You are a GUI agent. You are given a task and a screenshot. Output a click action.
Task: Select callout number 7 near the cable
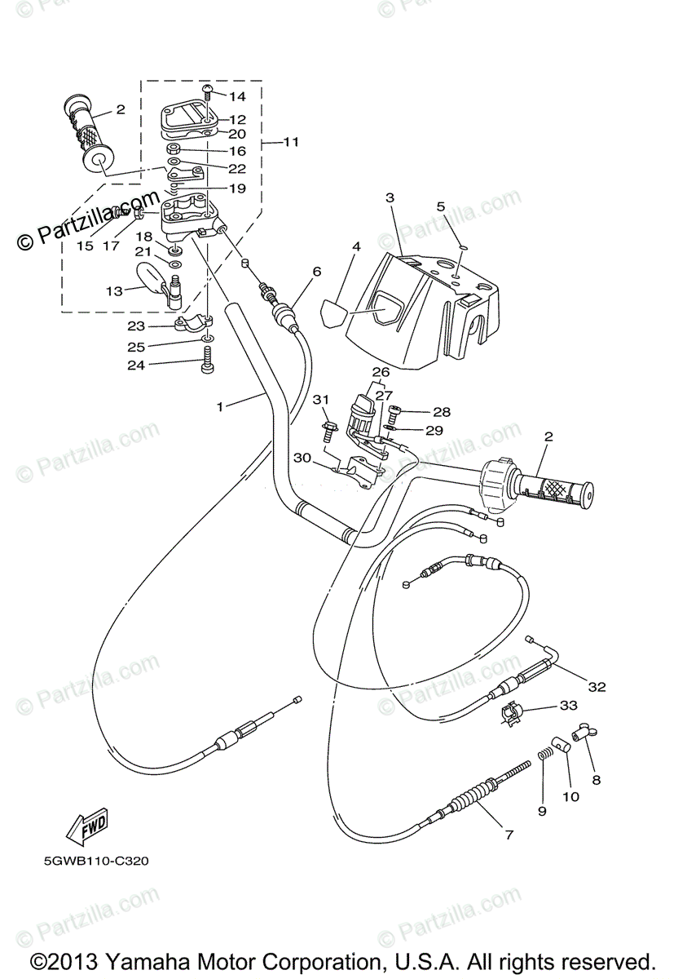[x=509, y=835]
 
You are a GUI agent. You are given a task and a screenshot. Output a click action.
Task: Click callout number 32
[x=597, y=687]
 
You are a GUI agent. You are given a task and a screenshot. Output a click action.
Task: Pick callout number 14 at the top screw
[x=237, y=96]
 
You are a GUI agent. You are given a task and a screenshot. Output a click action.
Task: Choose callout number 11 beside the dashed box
[x=291, y=142]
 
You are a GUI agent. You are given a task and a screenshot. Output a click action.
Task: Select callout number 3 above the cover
[x=390, y=197]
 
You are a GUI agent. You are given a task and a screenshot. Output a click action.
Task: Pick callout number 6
[x=316, y=272]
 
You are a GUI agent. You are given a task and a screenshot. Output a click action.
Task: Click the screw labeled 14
[x=207, y=93]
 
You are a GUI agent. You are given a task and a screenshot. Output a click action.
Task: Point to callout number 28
[x=442, y=412]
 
